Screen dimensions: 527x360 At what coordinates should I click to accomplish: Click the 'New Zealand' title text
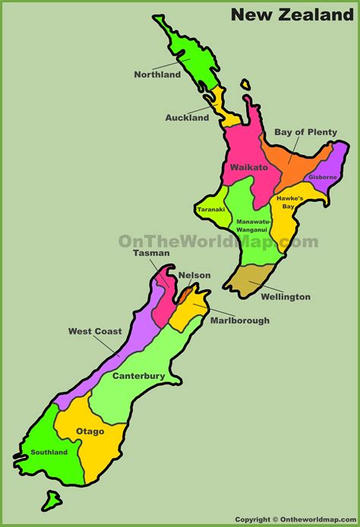click(x=292, y=14)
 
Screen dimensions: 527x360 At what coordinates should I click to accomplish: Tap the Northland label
click(x=157, y=74)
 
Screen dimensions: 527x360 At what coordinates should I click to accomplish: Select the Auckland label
click(x=187, y=118)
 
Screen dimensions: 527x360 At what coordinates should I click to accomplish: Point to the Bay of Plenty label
click(x=305, y=131)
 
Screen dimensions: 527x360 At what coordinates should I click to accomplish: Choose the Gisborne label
click(x=323, y=177)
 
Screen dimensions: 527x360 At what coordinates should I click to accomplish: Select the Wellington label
click(x=285, y=297)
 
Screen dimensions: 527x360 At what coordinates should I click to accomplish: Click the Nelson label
click(x=195, y=275)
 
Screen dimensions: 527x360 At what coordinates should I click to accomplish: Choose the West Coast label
click(x=94, y=331)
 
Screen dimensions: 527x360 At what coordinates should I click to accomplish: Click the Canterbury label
click(x=139, y=375)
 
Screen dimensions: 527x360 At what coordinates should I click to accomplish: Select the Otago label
click(x=90, y=431)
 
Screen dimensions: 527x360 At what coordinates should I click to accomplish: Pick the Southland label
click(x=49, y=453)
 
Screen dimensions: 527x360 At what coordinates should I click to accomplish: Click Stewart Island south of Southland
click(x=52, y=500)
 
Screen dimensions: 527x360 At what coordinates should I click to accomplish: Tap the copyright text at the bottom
click(x=295, y=520)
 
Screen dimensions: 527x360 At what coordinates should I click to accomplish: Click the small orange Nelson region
click(x=185, y=291)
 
